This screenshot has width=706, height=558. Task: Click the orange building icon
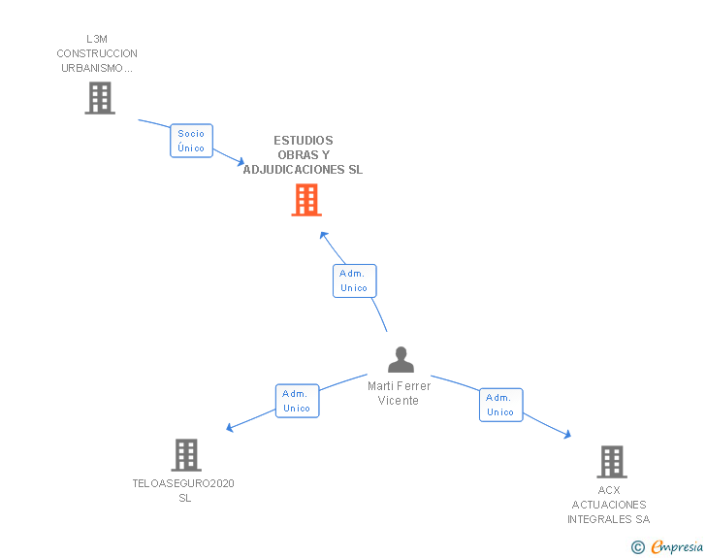(306, 200)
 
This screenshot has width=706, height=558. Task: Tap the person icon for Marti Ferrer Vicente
(401, 360)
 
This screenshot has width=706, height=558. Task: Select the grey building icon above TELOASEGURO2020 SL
(185, 454)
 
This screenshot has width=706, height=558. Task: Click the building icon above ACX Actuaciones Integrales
(611, 462)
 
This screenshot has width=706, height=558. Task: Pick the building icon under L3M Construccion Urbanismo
(99, 98)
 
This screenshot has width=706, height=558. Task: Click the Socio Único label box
(191, 141)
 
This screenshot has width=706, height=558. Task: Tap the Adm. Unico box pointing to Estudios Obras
(354, 280)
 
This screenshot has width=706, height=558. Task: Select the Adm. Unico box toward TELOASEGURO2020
(296, 401)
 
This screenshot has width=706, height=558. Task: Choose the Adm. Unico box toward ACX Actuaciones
(500, 405)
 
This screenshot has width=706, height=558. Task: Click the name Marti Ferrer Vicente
(399, 393)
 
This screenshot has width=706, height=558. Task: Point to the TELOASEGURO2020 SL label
(183, 490)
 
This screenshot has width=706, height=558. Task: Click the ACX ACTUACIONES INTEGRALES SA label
(608, 505)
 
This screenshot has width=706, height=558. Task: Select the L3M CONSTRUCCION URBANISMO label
(97, 54)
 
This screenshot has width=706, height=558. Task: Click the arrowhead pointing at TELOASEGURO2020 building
(230, 428)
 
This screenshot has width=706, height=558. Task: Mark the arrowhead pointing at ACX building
(567, 436)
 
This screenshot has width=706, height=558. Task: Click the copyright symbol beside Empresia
(637, 547)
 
